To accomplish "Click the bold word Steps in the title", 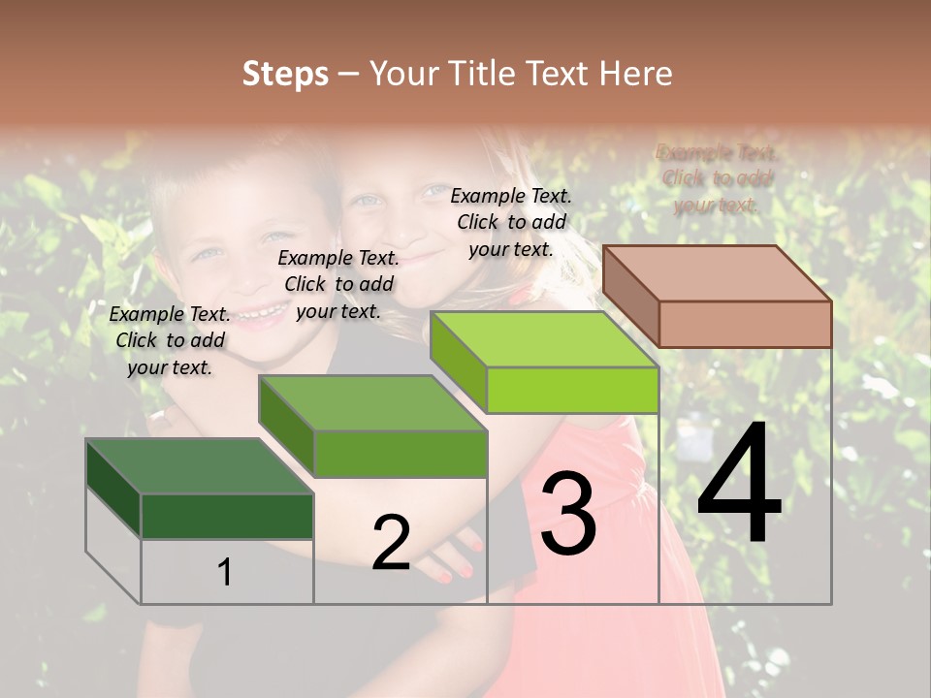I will click(x=285, y=74).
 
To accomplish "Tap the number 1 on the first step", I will click(x=224, y=573).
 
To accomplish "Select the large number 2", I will click(x=391, y=543).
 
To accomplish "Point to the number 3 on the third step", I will click(x=567, y=515).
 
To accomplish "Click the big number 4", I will click(x=739, y=484).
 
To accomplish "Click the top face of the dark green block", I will click(x=199, y=466).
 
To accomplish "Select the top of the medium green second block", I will click(x=372, y=403).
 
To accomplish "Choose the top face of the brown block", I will click(x=718, y=273).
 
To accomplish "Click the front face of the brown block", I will click(x=745, y=324).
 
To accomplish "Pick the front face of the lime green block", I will click(x=572, y=390).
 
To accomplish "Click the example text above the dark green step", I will click(x=170, y=340).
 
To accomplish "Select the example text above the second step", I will click(x=338, y=284).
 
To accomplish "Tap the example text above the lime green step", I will click(x=511, y=222).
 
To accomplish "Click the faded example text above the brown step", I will click(x=717, y=178).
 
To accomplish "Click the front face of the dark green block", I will click(x=227, y=516).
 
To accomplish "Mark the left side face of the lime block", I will click(x=458, y=363).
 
